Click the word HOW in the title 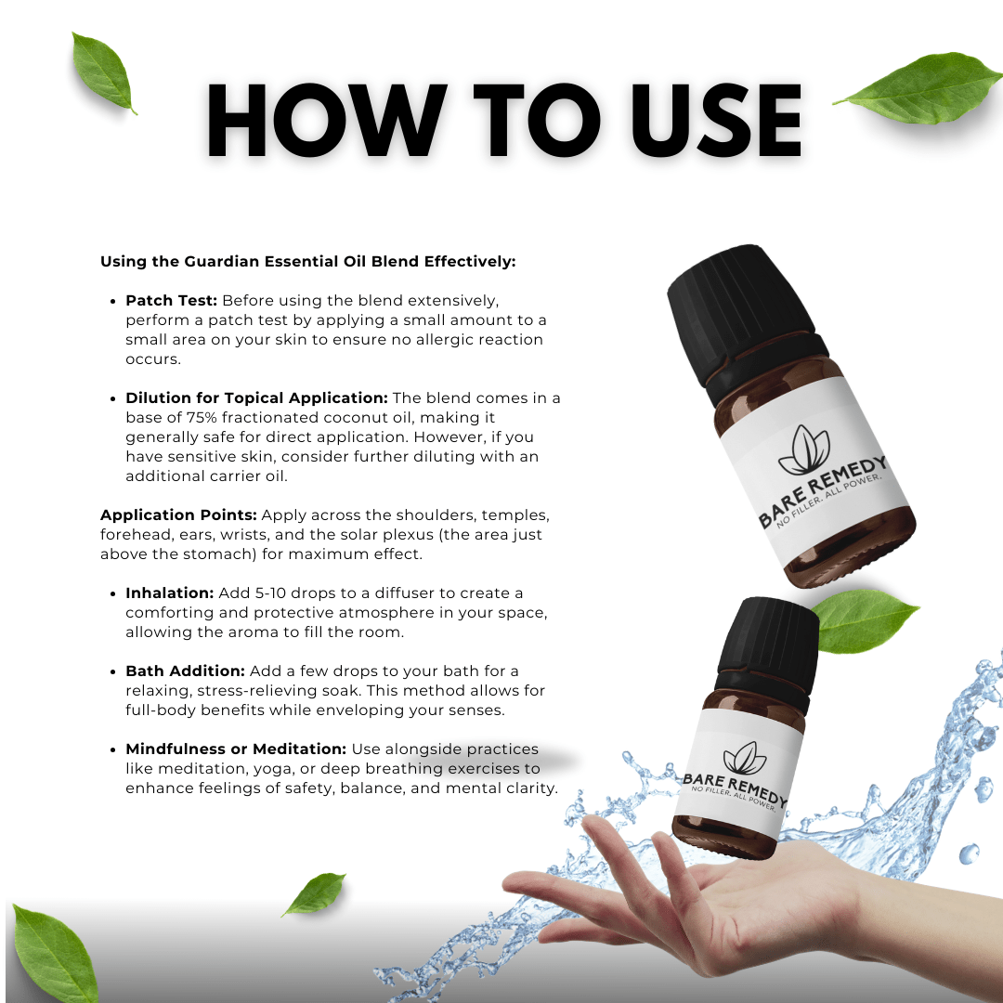click(327, 120)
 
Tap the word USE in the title click(716, 120)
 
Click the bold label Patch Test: click(172, 301)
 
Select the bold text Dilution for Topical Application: click(256, 397)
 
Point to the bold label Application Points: click(178, 515)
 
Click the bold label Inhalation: click(170, 593)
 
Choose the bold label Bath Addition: click(186, 671)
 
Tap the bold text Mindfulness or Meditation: click(236, 749)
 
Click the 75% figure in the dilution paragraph click(202, 418)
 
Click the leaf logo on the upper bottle click(805, 449)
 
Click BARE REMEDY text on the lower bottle click(735, 788)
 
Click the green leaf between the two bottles click(865, 619)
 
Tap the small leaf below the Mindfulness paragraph click(314, 893)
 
